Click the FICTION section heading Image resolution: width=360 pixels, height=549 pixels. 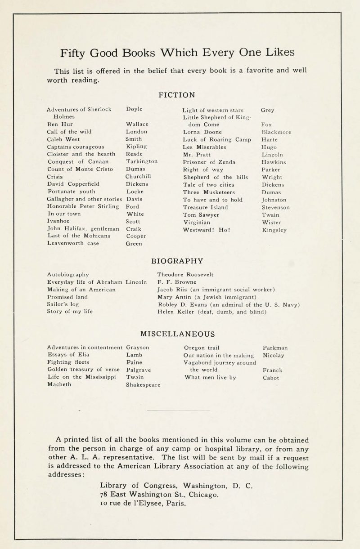177,95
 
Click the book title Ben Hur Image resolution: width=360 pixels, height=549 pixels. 58,124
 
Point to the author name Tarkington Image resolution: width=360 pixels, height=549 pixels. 142,162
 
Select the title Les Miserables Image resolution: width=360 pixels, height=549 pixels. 203,147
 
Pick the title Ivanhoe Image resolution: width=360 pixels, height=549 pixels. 59,222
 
